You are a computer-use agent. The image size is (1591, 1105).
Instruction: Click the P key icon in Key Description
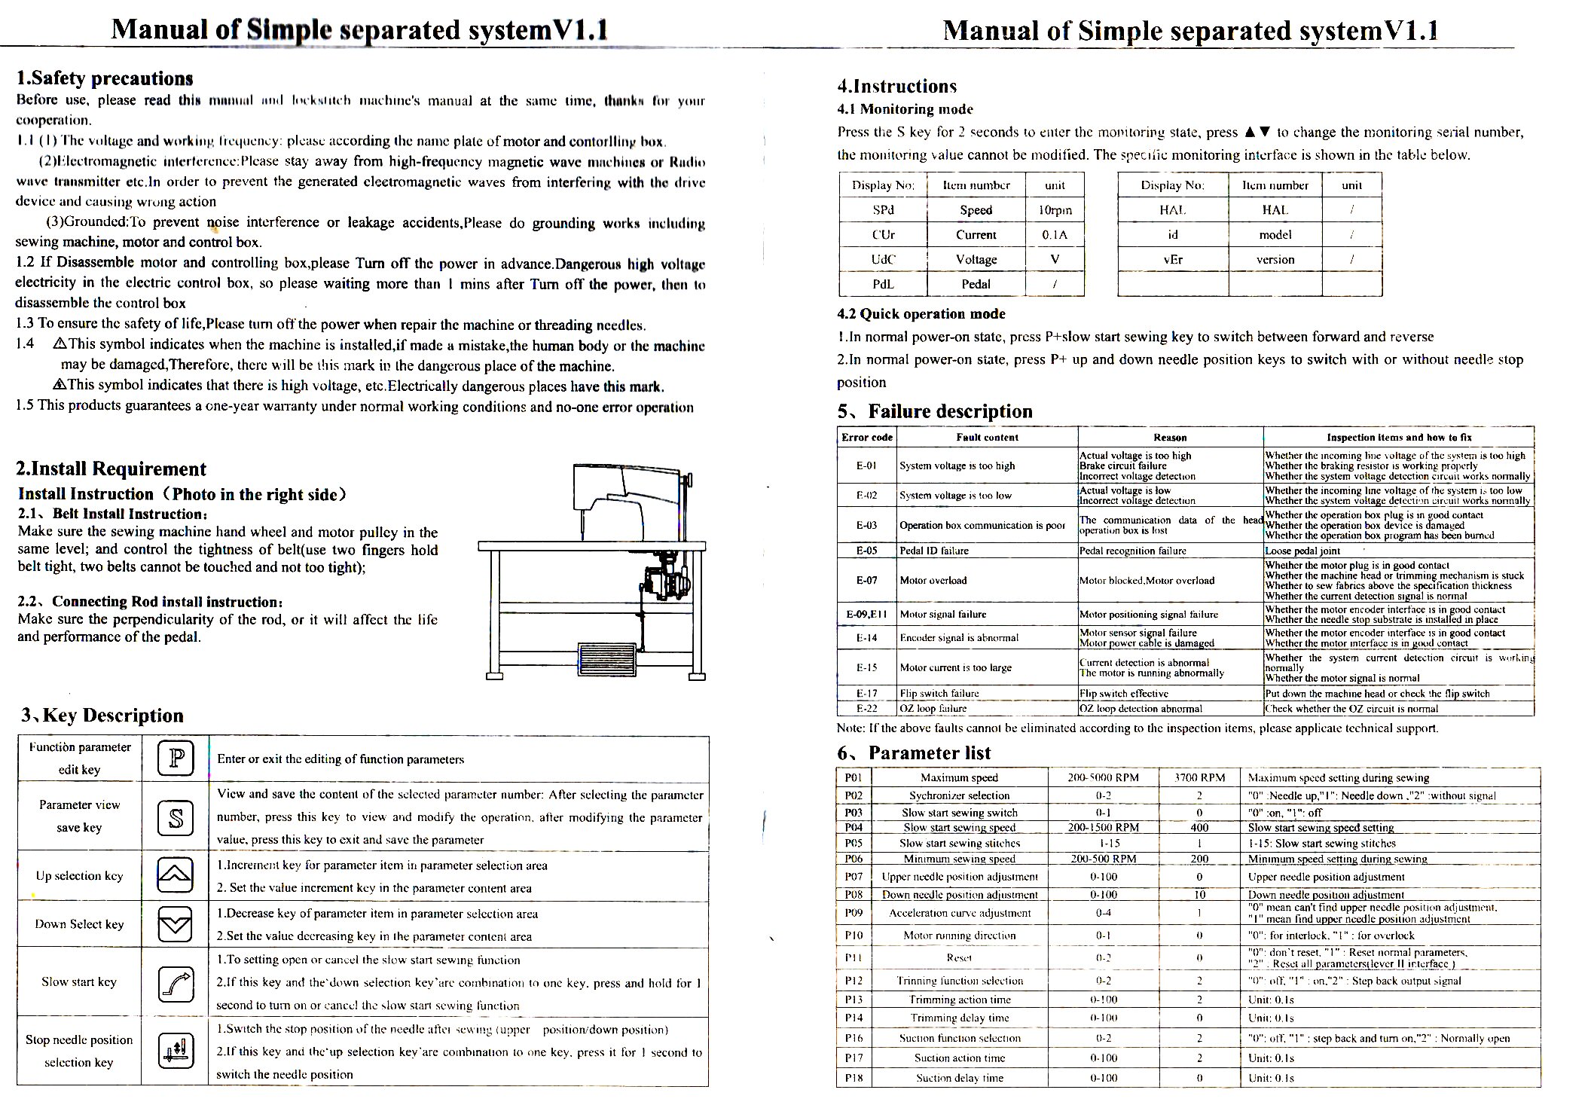tap(176, 758)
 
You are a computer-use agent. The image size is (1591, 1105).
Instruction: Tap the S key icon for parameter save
tap(176, 817)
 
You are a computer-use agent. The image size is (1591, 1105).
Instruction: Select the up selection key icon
tap(175, 875)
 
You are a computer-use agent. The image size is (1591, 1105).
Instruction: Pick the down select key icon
tap(175, 923)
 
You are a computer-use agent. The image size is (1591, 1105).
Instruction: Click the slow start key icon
tap(176, 982)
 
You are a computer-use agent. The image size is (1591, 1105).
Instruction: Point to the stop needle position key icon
tap(176, 1051)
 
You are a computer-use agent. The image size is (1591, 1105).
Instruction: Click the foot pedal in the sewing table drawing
tap(606, 661)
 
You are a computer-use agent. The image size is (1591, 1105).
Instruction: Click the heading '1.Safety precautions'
tap(105, 78)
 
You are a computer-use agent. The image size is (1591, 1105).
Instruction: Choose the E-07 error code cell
tap(866, 580)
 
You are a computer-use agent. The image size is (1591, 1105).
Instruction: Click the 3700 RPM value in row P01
tap(1199, 777)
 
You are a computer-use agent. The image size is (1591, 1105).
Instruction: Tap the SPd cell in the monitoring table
tap(883, 210)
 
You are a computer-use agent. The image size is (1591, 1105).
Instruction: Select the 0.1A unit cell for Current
tap(1055, 234)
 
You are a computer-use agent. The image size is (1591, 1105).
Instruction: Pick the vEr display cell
tap(1173, 259)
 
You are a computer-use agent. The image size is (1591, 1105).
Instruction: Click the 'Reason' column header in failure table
tap(1170, 437)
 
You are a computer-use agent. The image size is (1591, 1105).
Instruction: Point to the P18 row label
tap(854, 1078)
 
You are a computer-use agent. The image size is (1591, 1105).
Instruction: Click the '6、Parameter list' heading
tap(914, 752)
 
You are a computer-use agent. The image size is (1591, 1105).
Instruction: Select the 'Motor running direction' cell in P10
tap(959, 936)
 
